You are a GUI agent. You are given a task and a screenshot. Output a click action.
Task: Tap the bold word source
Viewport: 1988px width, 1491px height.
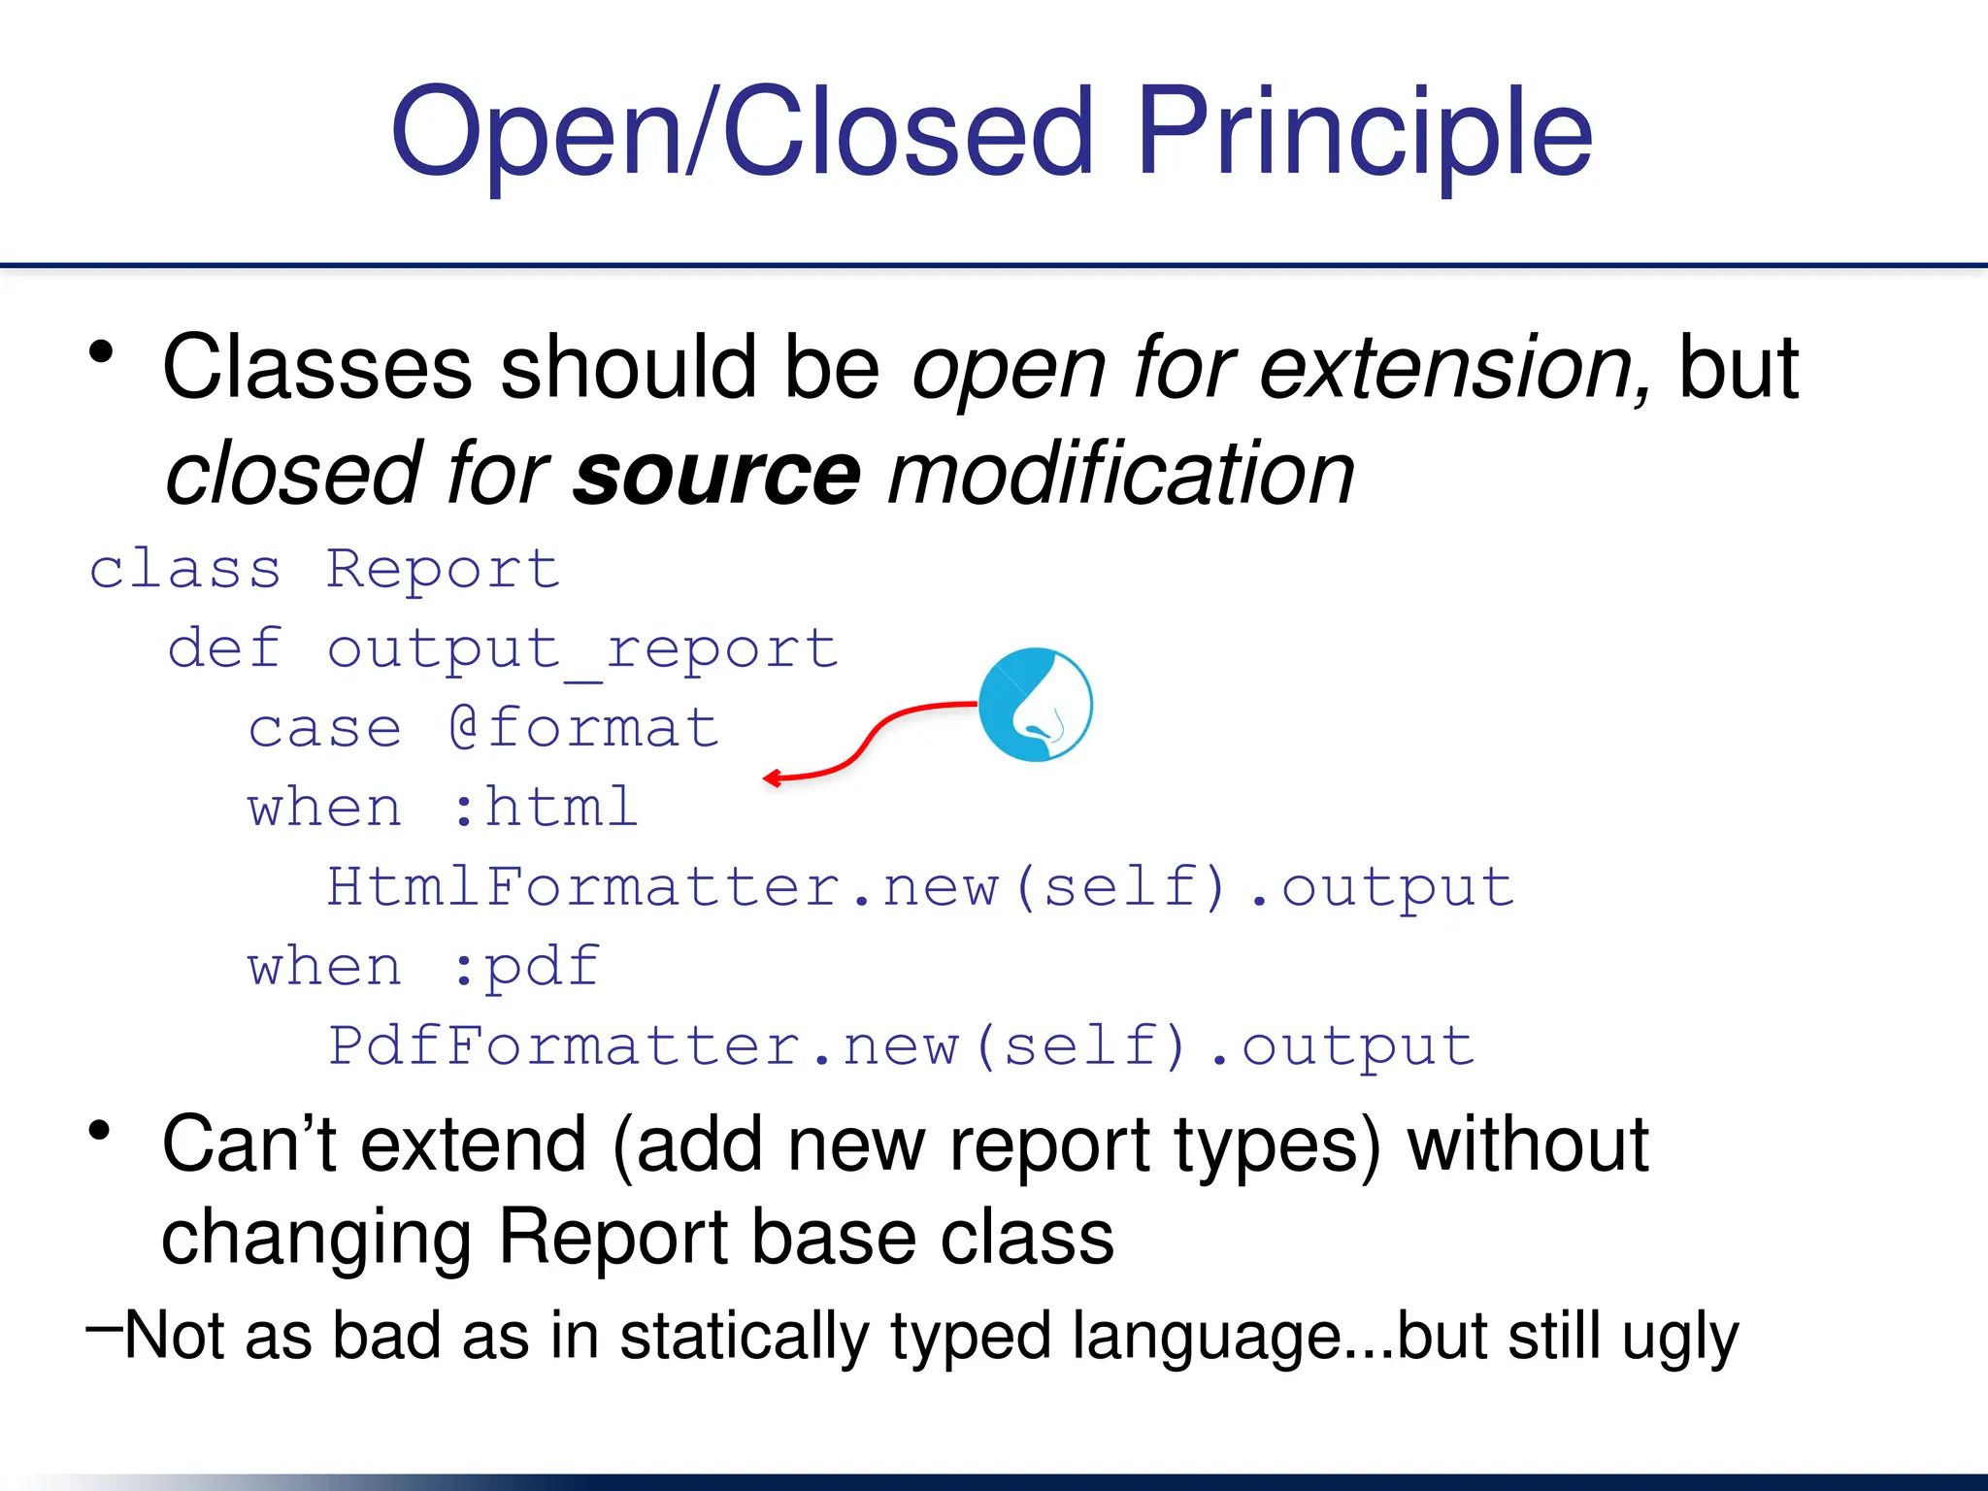(x=716, y=476)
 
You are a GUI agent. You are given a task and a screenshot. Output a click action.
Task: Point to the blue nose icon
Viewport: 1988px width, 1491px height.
(x=1035, y=705)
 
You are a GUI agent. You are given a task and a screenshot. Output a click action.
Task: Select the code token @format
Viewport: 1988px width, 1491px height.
(x=583, y=728)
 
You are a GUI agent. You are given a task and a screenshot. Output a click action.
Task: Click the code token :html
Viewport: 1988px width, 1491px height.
(x=544, y=808)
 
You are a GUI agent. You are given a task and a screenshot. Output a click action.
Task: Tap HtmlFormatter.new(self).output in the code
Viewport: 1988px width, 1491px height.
(x=919, y=887)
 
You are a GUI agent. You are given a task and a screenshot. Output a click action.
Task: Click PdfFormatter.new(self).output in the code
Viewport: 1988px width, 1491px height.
(x=900, y=1046)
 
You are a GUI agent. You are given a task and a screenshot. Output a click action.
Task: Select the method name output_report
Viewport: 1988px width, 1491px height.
(x=581, y=649)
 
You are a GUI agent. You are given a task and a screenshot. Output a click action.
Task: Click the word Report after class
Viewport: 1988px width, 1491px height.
(x=443, y=569)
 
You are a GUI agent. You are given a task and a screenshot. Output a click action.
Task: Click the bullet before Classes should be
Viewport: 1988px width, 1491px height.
(x=101, y=351)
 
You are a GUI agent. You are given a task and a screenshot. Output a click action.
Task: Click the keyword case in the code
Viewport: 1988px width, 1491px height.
(x=324, y=728)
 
